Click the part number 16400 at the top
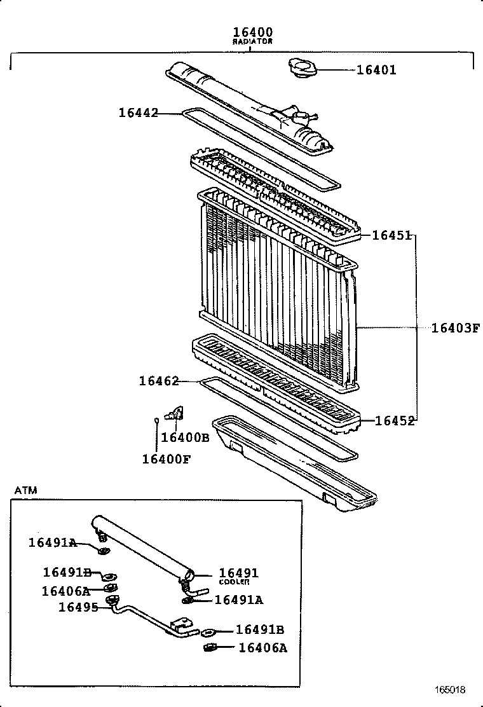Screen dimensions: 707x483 pyautogui.click(x=252, y=31)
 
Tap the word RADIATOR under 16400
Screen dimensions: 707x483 pyautogui.click(x=252, y=41)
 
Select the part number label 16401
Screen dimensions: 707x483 pyautogui.click(x=376, y=70)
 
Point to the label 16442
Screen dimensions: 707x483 pyautogui.click(x=138, y=113)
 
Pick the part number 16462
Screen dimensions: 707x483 pyautogui.click(x=159, y=381)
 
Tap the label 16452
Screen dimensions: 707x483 pyautogui.click(x=394, y=420)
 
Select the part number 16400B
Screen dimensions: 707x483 pyautogui.click(x=184, y=437)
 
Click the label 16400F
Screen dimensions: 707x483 pyautogui.click(x=165, y=458)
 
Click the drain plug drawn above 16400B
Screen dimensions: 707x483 pyautogui.click(x=173, y=415)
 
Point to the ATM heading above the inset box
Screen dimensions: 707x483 pyautogui.click(x=25, y=490)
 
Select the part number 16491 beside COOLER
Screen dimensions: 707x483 pyautogui.click(x=238, y=573)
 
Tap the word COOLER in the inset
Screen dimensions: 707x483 pyautogui.click(x=234, y=582)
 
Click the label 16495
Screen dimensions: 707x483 pyautogui.click(x=78, y=607)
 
